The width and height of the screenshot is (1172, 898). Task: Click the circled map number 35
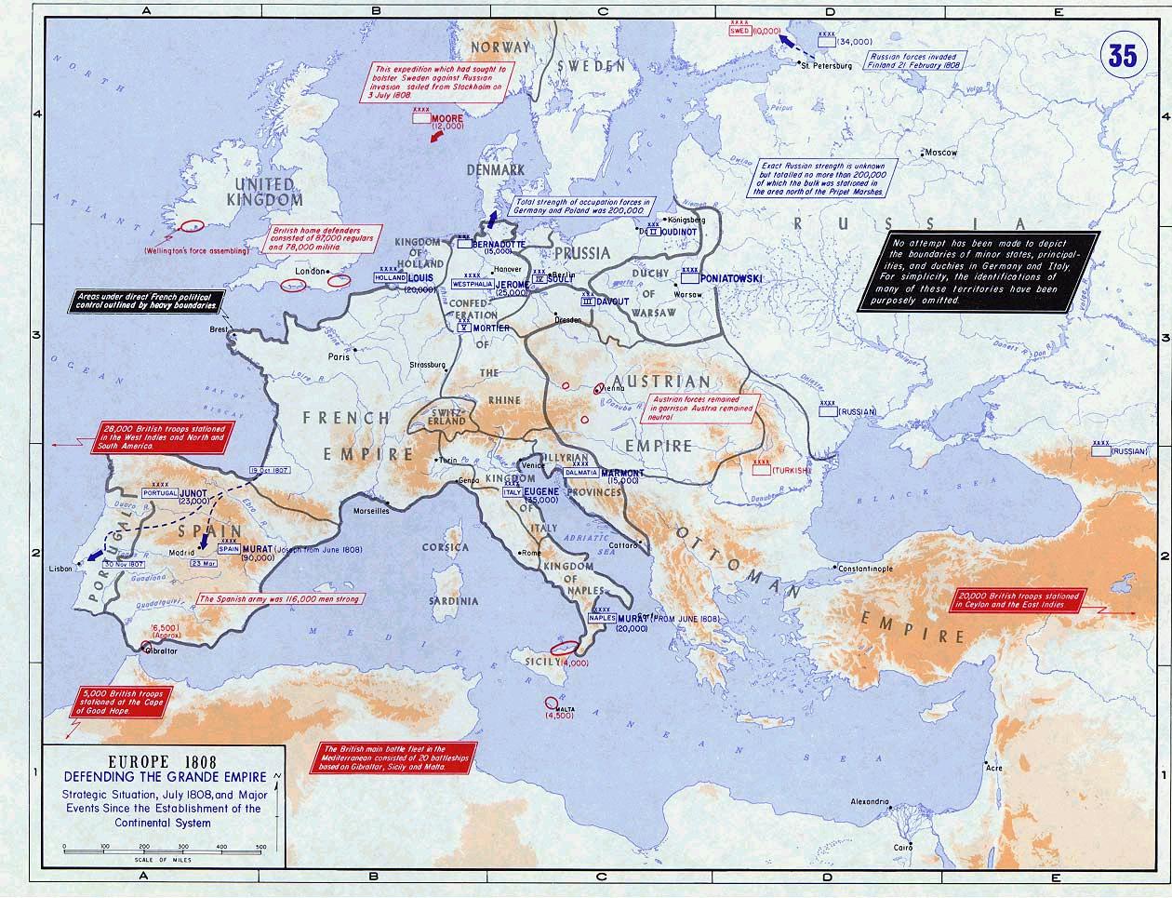pyautogui.click(x=1122, y=55)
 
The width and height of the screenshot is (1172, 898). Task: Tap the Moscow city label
pyautogui.click(x=940, y=152)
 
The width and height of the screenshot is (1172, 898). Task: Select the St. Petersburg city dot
pyautogui.click(x=802, y=62)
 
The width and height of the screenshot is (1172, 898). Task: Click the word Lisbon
pyautogui.click(x=60, y=567)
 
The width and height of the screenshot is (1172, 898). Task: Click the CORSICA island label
pyautogui.click(x=445, y=548)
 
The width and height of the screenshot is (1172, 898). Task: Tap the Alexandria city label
pyautogui.click(x=872, y=801)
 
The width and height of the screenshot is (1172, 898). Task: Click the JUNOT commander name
pyautogui.click(x=195, y=494)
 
